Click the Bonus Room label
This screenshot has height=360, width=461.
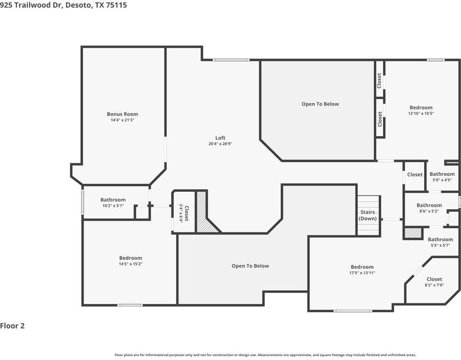pyautogui.click(x=123, y=114)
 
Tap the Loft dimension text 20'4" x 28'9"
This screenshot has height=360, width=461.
pyautogui.click(x=220, y=144)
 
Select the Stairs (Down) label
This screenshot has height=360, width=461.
pyautogui.click(x=368, y=215)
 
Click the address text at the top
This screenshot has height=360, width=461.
pyautogui.click(x=64, y=5)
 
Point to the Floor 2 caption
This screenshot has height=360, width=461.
pyautogui.click(x=12, y=326)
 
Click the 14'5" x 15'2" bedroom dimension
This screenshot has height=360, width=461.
pyautogui.click(x=131, y=264)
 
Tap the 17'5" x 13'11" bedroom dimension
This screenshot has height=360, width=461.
pyautogui.click(x=362, y=273)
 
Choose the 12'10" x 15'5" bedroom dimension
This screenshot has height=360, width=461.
pyautogui.click(x=421, y=113)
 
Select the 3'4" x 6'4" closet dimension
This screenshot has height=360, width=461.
pyautogui.click(x=181, y=213)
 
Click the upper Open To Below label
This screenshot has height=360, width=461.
pyautogui.click(x=320, y=104)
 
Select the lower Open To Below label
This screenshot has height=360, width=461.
pyautogui.click(x=250, y=266)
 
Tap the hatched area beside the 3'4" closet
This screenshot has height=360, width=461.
pyautogui.click(x=204, y=215)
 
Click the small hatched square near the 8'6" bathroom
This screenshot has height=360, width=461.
pyautogui.click(x=413, y=233)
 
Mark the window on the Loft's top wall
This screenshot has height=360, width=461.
pyautogui.click(x=231, y=60)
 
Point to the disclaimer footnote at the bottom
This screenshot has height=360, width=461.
pyautogui.click(x=265, y=355)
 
